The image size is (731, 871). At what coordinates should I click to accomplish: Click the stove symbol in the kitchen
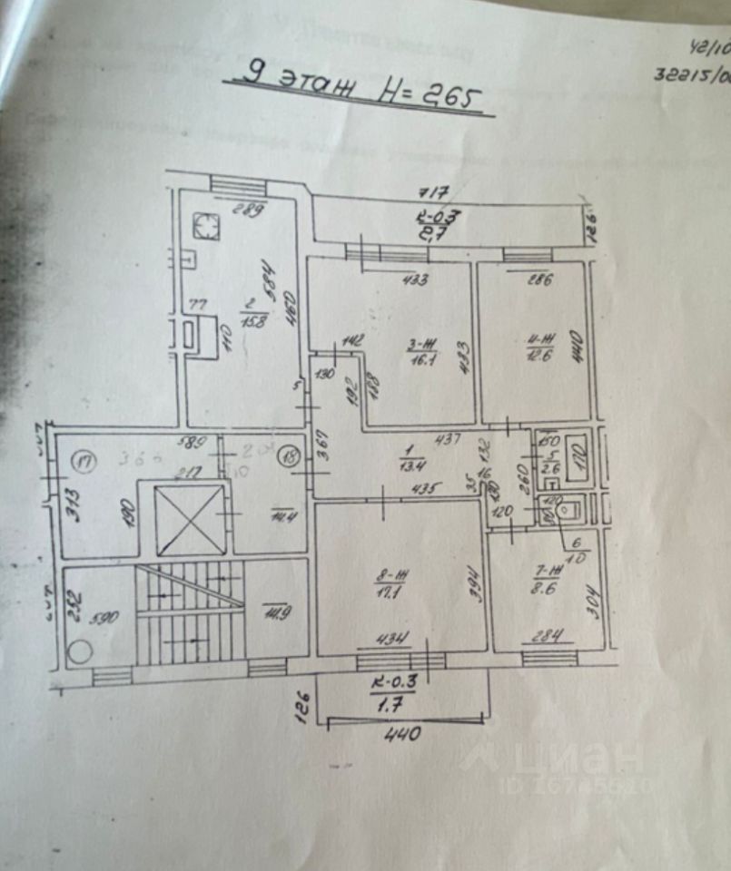[208, 226]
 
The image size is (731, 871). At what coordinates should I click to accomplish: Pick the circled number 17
[87, 460]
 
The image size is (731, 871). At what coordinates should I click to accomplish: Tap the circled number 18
[291, 457]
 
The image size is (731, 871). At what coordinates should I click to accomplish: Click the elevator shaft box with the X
[190, 520]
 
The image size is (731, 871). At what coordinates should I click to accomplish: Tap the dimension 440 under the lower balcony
[400, 734]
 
